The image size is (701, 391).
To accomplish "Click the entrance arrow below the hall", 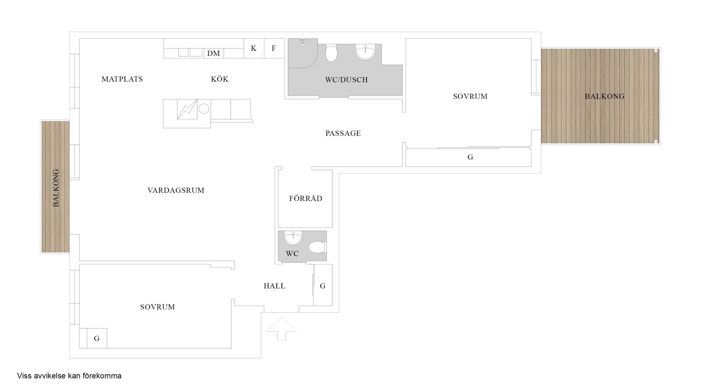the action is pyautogui.click(x=281, y=328).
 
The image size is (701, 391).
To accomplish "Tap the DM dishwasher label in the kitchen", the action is pyautogui.click(x=214, y=54).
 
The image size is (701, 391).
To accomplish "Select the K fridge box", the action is pyautogui.click(x=254, y=48).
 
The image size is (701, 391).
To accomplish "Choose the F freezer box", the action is pyautogui.click(x=274, y=48).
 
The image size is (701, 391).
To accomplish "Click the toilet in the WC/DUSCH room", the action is pyautogui.click(x=331, y=53).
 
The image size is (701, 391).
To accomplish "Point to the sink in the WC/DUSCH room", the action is pyautogui.click(x=365, y=52).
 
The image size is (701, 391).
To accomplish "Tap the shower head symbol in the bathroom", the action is pyautogui.click(x=302, y=42).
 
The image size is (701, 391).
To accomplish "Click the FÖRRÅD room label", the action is pyautogui.click(x=306, y=199).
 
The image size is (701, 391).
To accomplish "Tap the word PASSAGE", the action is pyautogui.click(x=343, y=134).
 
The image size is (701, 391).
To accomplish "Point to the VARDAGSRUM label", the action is pyautogui.click(x=176, y=191).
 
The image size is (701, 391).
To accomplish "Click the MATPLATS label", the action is pyautogui.click(x=122, y=79).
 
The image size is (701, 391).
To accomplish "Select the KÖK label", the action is pyautogui.click(x=220, y=79).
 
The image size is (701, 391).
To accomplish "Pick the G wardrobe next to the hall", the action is pyautogui.click(x=323, y=285).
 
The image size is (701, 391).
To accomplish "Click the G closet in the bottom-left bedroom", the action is pyautogui.click(x=97, y=338).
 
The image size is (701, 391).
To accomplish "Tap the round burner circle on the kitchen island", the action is pyautogui.click(x=204, y=108).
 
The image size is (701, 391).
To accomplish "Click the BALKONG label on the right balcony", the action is pyautogui.click(x=605, y=96).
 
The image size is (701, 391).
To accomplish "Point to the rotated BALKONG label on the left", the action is pyautogui.click(x=56, y=188).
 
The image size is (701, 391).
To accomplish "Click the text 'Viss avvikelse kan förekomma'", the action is pyautogui.click(x=69, y=376).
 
